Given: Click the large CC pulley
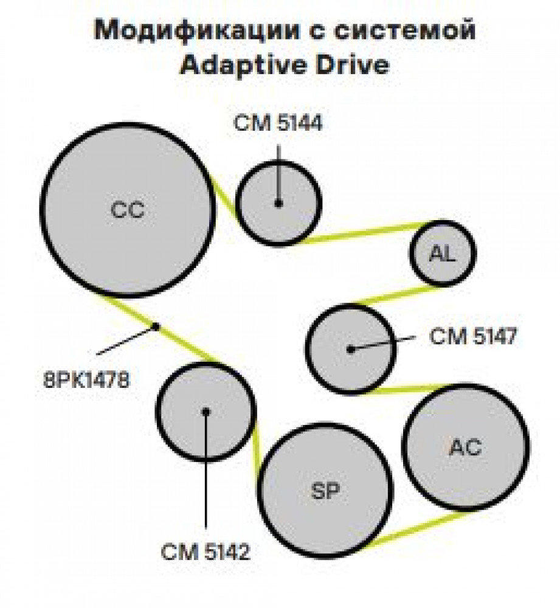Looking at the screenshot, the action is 128,210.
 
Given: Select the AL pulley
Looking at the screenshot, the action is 443,253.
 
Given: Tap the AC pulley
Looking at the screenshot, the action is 466,447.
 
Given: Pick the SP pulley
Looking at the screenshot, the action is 325,491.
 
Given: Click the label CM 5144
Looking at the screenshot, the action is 278,123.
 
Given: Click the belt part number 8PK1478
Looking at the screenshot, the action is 86,380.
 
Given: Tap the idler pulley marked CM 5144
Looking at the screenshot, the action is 278,203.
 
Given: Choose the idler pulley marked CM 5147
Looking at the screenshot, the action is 351,350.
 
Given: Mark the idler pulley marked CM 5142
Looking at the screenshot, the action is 206,412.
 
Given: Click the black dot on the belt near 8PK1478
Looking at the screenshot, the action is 156,326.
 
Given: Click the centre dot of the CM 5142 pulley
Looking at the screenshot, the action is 206,412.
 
